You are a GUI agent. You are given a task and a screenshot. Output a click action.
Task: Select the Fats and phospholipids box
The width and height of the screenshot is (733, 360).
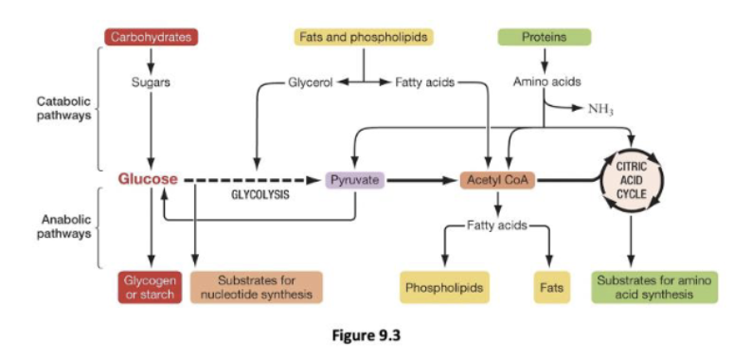[363, 38]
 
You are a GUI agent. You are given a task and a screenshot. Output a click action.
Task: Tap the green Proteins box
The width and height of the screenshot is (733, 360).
[544, 38]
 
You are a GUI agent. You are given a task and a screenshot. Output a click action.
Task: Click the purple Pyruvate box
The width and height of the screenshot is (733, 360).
[354, 179]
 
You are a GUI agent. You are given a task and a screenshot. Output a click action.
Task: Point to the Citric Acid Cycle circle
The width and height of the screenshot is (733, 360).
[631, 179]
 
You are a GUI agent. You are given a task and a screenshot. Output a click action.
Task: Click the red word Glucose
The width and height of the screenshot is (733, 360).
[148, 178]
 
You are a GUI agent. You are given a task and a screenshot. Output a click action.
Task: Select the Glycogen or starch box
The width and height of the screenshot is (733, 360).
[150, 288]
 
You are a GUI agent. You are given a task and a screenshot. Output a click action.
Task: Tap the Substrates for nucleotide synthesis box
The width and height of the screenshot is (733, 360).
[256, 288]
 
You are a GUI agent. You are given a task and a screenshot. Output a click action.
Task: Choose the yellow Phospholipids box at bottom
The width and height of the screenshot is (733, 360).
[444, 287]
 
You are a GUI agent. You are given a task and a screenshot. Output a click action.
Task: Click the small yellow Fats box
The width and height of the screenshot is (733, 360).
[549, 287]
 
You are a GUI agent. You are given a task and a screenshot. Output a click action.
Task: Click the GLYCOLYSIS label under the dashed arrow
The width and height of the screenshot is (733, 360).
[260, 196]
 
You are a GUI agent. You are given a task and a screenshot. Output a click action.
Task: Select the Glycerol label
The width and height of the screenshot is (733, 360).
[309, 82]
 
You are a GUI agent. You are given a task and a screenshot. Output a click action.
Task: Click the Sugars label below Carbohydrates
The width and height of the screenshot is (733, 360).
[150, 82]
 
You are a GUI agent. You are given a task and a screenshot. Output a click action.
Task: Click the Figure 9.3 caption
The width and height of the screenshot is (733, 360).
[366, 334]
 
